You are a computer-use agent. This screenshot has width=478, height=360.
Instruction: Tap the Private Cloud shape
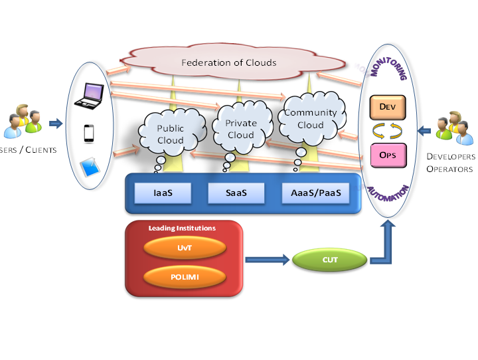pyautogui.click(x=240, y=129)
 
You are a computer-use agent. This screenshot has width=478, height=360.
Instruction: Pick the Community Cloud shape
pyautogui.click(x=311, y=118)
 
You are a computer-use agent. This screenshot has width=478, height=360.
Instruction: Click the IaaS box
pyautogui.click(x=163, y=193)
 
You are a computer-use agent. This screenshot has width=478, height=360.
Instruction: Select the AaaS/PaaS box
pyautogui.click(x=312, y=193)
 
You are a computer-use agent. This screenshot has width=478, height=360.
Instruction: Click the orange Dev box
pyautogui.click(x=388, y=106)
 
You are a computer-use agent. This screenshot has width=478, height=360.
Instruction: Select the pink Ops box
pyautogui.click(x=388, y=154)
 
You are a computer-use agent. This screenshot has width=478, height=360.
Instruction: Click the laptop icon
pyautogui.click(x=88, y=96)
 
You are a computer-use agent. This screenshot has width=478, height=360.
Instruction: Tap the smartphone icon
pyautogui.click(x=88, y=134)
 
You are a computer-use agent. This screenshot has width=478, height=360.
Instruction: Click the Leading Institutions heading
pyautogui.click(x=182, y=228)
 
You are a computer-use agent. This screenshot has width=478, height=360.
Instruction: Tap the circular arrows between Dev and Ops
pyautogui.click(x=388, y=130)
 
